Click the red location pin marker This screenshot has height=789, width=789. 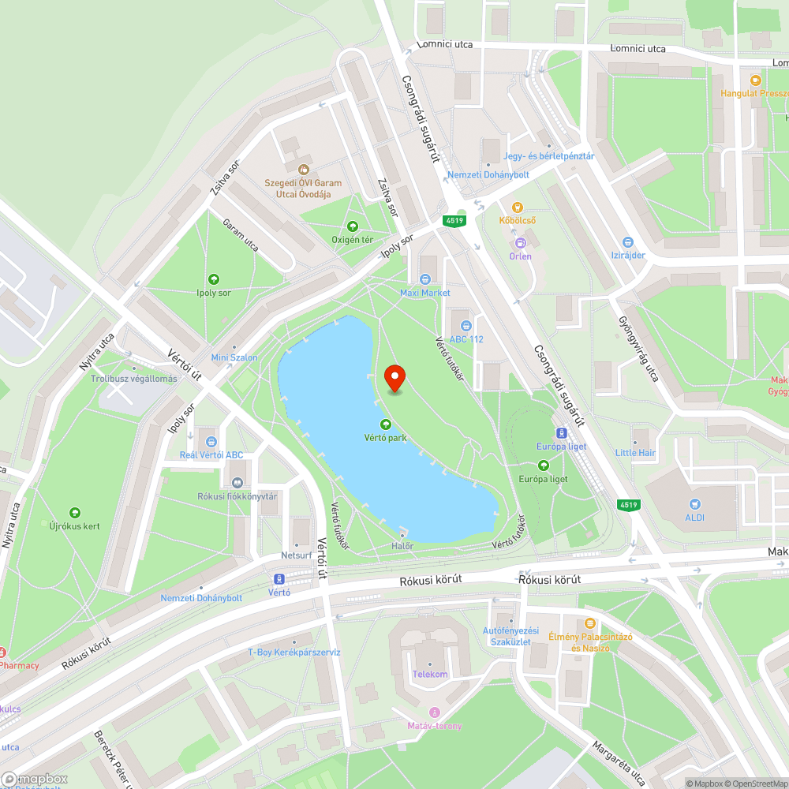click(394, 380)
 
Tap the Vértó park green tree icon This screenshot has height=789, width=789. click(386, 424)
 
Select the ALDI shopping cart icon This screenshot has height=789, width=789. click(695, 503)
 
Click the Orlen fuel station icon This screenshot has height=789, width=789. click(521, 243)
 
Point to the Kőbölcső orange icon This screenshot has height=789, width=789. click(518, 208)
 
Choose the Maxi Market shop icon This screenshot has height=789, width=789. click(425, 279)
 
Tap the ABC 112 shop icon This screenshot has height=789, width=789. click(466, 325)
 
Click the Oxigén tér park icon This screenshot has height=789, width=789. click(352, 226)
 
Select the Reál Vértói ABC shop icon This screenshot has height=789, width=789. click(211, 441)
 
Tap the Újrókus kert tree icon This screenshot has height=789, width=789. click(75, 513)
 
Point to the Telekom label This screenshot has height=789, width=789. click(430, 675)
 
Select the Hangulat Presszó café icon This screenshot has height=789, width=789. click(755, 80)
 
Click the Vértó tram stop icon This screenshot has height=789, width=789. click(279, 578)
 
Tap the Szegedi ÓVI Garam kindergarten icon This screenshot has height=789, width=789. click(303, 169)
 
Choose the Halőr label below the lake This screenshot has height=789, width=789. click(402, 546)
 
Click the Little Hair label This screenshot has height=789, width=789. click(635, 453)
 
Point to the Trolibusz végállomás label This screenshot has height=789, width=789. click(133, 379)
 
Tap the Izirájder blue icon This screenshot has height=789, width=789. click(628, 242)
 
